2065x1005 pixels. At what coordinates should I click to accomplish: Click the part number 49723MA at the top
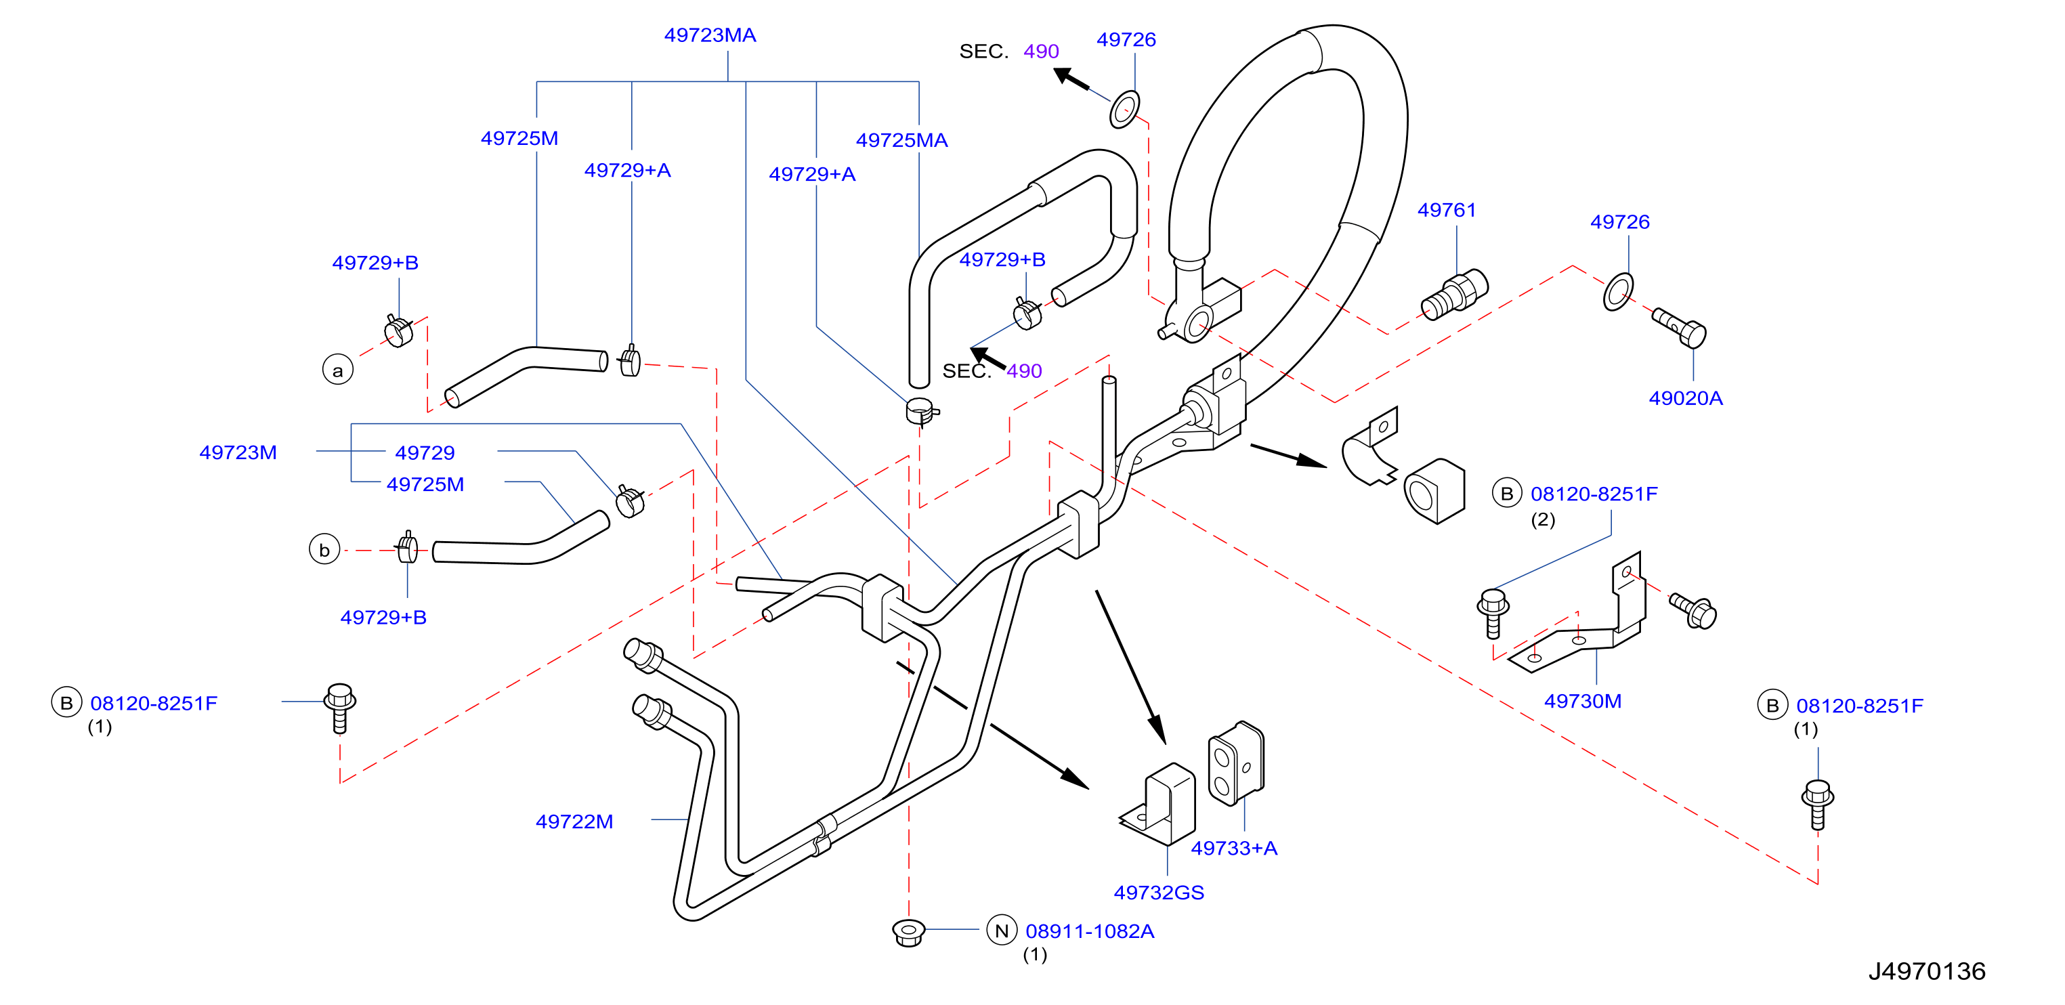[x=710, y=35]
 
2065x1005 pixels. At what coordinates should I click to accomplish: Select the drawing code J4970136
[x=1926, y=971]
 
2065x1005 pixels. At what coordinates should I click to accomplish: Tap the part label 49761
[x=1446, y=210]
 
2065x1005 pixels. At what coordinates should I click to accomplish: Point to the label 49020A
[x=1685, y=398]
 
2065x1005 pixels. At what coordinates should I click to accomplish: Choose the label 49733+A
[x=1234, y=848]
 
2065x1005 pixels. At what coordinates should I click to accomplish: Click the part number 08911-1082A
[x=1090, y=931]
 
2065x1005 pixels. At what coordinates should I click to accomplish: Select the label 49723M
[x=238, y=453]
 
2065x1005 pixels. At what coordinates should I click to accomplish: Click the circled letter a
[x=337, y=370]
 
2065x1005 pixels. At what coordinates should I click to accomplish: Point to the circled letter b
[x=324, y=550]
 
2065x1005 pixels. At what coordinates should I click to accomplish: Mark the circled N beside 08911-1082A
[x=1001, y=931]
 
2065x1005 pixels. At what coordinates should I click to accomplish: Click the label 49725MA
[x=902, y=140]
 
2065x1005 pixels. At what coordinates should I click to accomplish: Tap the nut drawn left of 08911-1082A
[x=908, y=932]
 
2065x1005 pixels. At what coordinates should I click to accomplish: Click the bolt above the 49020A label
[x=1680, y=328]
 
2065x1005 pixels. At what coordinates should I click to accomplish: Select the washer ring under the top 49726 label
[x=1125, y=109]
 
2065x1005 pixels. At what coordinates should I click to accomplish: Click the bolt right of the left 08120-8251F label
[x=340, y=708]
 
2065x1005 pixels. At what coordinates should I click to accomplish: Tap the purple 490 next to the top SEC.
[x=1042, y=51]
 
